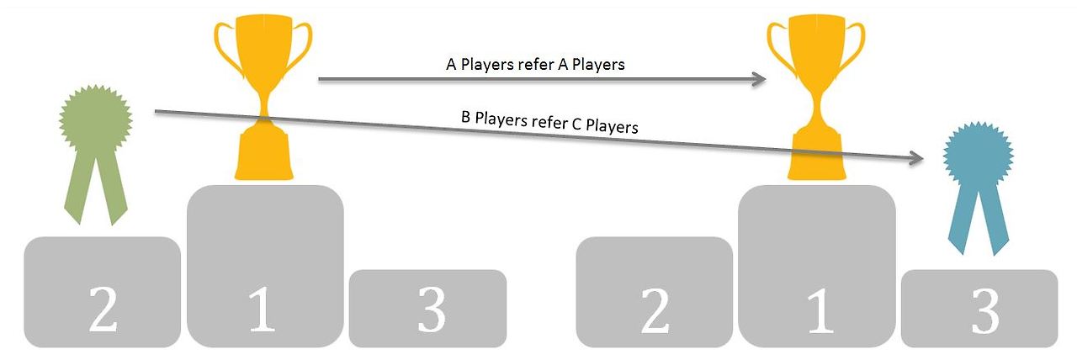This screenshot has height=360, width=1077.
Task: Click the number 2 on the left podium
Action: (x=103, y=311)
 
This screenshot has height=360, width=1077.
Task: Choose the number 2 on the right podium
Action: (x=655, y=311)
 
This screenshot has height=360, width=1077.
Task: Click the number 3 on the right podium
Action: (x=981, y=314)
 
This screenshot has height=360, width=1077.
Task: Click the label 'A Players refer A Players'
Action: (x=535, y=64)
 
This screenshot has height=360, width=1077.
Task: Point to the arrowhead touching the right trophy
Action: (x=760, y=79)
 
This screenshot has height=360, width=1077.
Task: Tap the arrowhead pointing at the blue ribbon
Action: (x=918, y=158)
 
